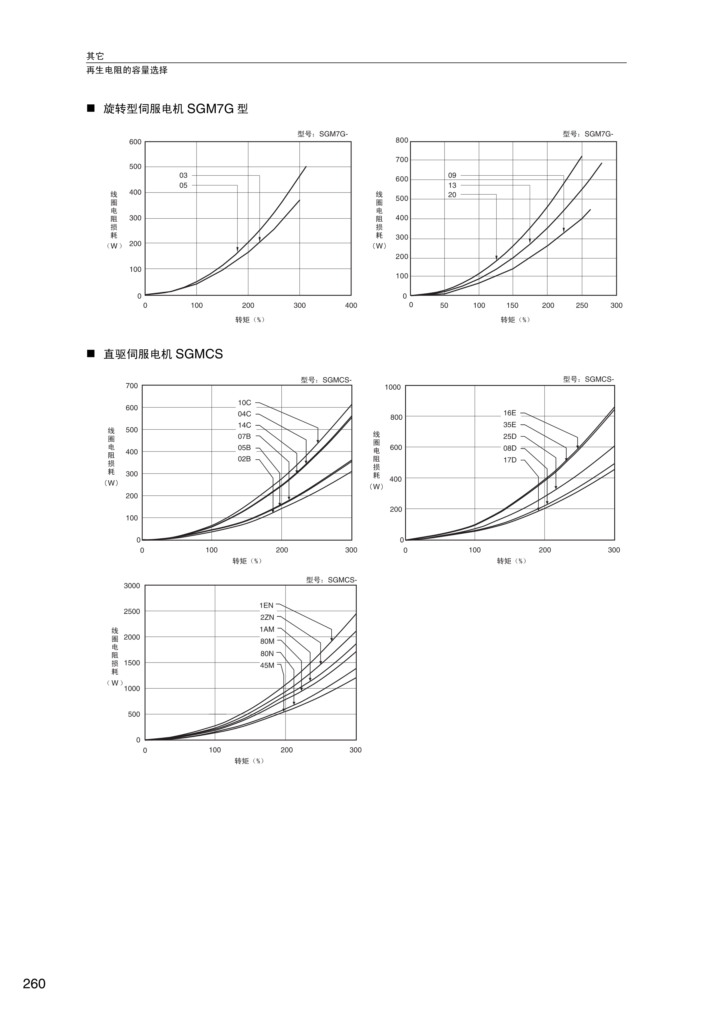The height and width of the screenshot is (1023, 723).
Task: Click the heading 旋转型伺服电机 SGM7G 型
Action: pyautogui.click(x=176, y=109)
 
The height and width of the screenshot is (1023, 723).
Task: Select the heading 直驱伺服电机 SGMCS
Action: pyautogui.click(x=163, y=354)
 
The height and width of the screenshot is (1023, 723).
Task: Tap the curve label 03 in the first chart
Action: pyautogui.click(x=183, y=176)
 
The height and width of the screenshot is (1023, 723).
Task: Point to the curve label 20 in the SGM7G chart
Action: pyautogui.click(x=452, y=195)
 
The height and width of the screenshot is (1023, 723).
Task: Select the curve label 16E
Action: pyautogui.click(x=510, y=413)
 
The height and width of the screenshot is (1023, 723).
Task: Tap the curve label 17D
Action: pyautogui.click(x=510, y=460)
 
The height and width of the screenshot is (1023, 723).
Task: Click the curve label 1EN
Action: pyautogui.click(x=266, y=605)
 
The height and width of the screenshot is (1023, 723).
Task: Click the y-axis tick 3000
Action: pyautogui.click(x=132, y=586)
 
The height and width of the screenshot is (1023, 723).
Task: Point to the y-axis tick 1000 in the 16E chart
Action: pyautogui.click(x=393, y=387)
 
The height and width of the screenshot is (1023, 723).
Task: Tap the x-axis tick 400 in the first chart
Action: pyautogui.click(x=351, y=306)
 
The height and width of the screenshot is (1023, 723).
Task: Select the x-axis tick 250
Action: pyautogui.click(x=582, y=306)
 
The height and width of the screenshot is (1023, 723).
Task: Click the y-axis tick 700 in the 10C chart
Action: pyautogui.click(x=132, y=386)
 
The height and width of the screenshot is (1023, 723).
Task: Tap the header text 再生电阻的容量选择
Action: pyautogui.click(x=127, y=70)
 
